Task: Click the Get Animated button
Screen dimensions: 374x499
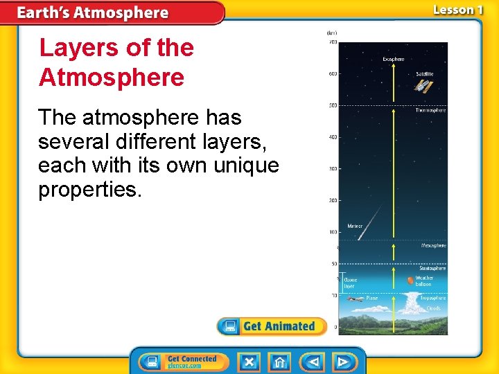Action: (272, 326)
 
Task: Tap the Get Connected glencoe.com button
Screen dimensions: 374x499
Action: (182, 362)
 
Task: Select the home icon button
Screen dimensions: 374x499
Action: (280, 362)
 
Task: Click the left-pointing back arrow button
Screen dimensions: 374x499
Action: (313, 362)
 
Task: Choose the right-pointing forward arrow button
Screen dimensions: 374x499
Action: (342, 362)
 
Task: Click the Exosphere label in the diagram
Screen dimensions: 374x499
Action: (394, 60)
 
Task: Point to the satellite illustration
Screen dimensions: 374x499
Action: (423, 85)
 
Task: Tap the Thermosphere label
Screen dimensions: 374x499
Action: (430, 110)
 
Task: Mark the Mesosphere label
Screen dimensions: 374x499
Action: (433, 246)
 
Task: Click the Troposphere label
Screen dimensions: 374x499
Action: (432, 298)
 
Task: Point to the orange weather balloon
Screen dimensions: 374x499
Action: (410, 280)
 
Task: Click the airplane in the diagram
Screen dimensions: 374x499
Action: (356, 299)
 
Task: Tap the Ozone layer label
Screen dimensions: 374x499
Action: (350, 283)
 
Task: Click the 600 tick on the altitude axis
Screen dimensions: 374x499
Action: (333, 74)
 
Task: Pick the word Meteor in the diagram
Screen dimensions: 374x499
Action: (355, 226)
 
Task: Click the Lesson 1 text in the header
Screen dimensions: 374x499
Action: (457, 10)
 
